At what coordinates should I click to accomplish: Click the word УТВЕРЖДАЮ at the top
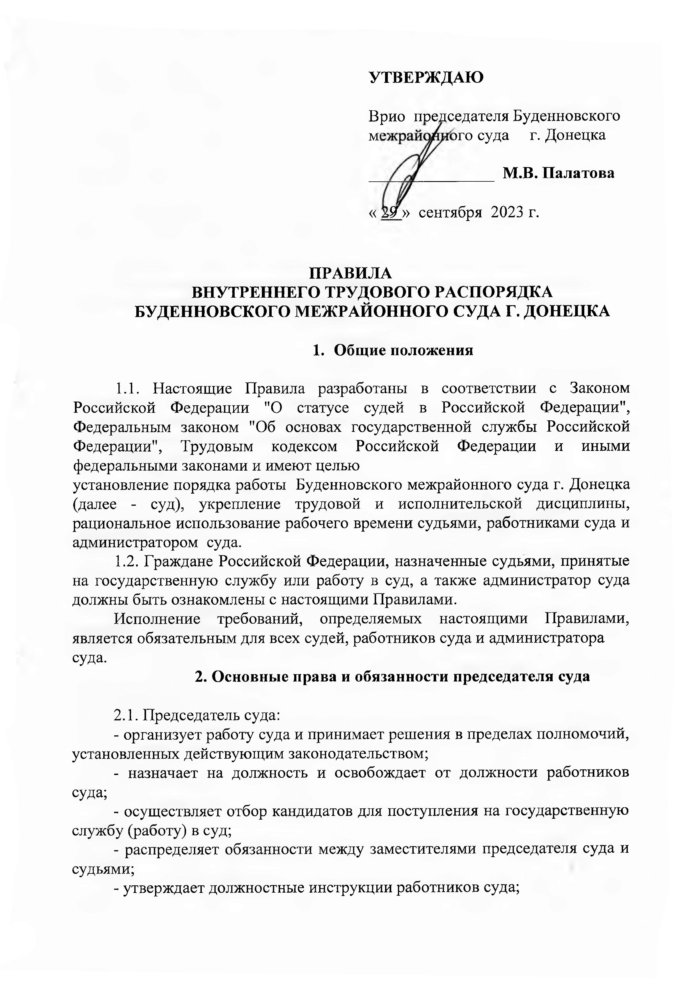tap(427, 77)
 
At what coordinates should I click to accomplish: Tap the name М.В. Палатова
tap(559, 173)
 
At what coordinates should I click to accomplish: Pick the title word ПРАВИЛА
tap(351, 273)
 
